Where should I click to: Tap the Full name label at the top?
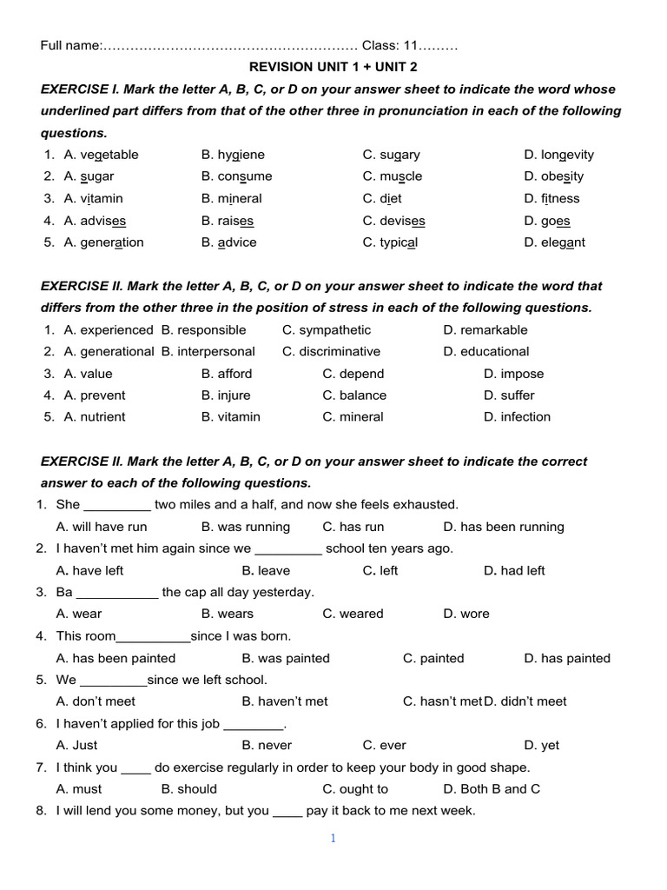click(x=70, y=45)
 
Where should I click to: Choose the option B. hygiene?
click(x=233, y=155)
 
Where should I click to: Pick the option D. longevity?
click(x=558, y=155)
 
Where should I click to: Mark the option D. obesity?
click(x=553, y=176)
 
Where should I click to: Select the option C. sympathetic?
click(x=326, y=330)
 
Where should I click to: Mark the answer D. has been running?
click(x=503, y=527)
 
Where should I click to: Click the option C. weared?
click(x=353, y=614)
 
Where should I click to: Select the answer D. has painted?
click(x=566, y=658)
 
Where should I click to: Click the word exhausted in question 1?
click(x=426, y=505)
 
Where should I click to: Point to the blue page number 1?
click(x=333, y=839)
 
